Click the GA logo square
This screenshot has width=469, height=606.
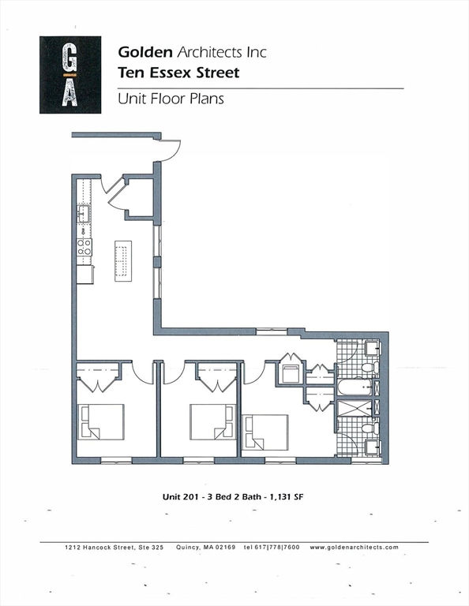coord(70,75)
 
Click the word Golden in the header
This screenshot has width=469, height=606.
coord(145,52)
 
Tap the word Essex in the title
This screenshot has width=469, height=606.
coord(170,73)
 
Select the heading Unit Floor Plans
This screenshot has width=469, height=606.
coord(171,99)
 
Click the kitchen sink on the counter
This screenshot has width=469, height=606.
coord(83,213)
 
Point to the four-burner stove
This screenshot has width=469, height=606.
coord(84,247)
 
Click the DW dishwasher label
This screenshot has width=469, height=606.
coord(83,231)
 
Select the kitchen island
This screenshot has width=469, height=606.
coord(123,261)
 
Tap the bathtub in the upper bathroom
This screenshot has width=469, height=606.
coord(355,387)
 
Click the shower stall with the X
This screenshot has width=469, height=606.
coord(355,408)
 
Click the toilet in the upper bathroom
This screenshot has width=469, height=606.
coord(370,368)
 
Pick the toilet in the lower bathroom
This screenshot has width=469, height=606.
coord(370,428)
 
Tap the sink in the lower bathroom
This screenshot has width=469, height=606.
coord(373,447)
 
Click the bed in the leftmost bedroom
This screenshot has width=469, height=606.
coord(101,421)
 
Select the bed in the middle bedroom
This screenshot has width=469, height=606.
coord(212,421)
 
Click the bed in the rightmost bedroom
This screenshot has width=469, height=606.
coord(265,432)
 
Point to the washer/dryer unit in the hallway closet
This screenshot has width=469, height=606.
coord(291,374)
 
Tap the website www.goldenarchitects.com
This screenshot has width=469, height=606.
coord(354,548)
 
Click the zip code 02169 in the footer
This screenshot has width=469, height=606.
coord(225,548)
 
